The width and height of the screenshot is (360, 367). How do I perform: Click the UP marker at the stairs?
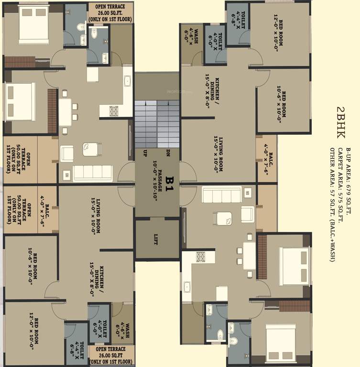point(144,153)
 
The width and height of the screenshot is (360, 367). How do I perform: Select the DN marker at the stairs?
point(168,153)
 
